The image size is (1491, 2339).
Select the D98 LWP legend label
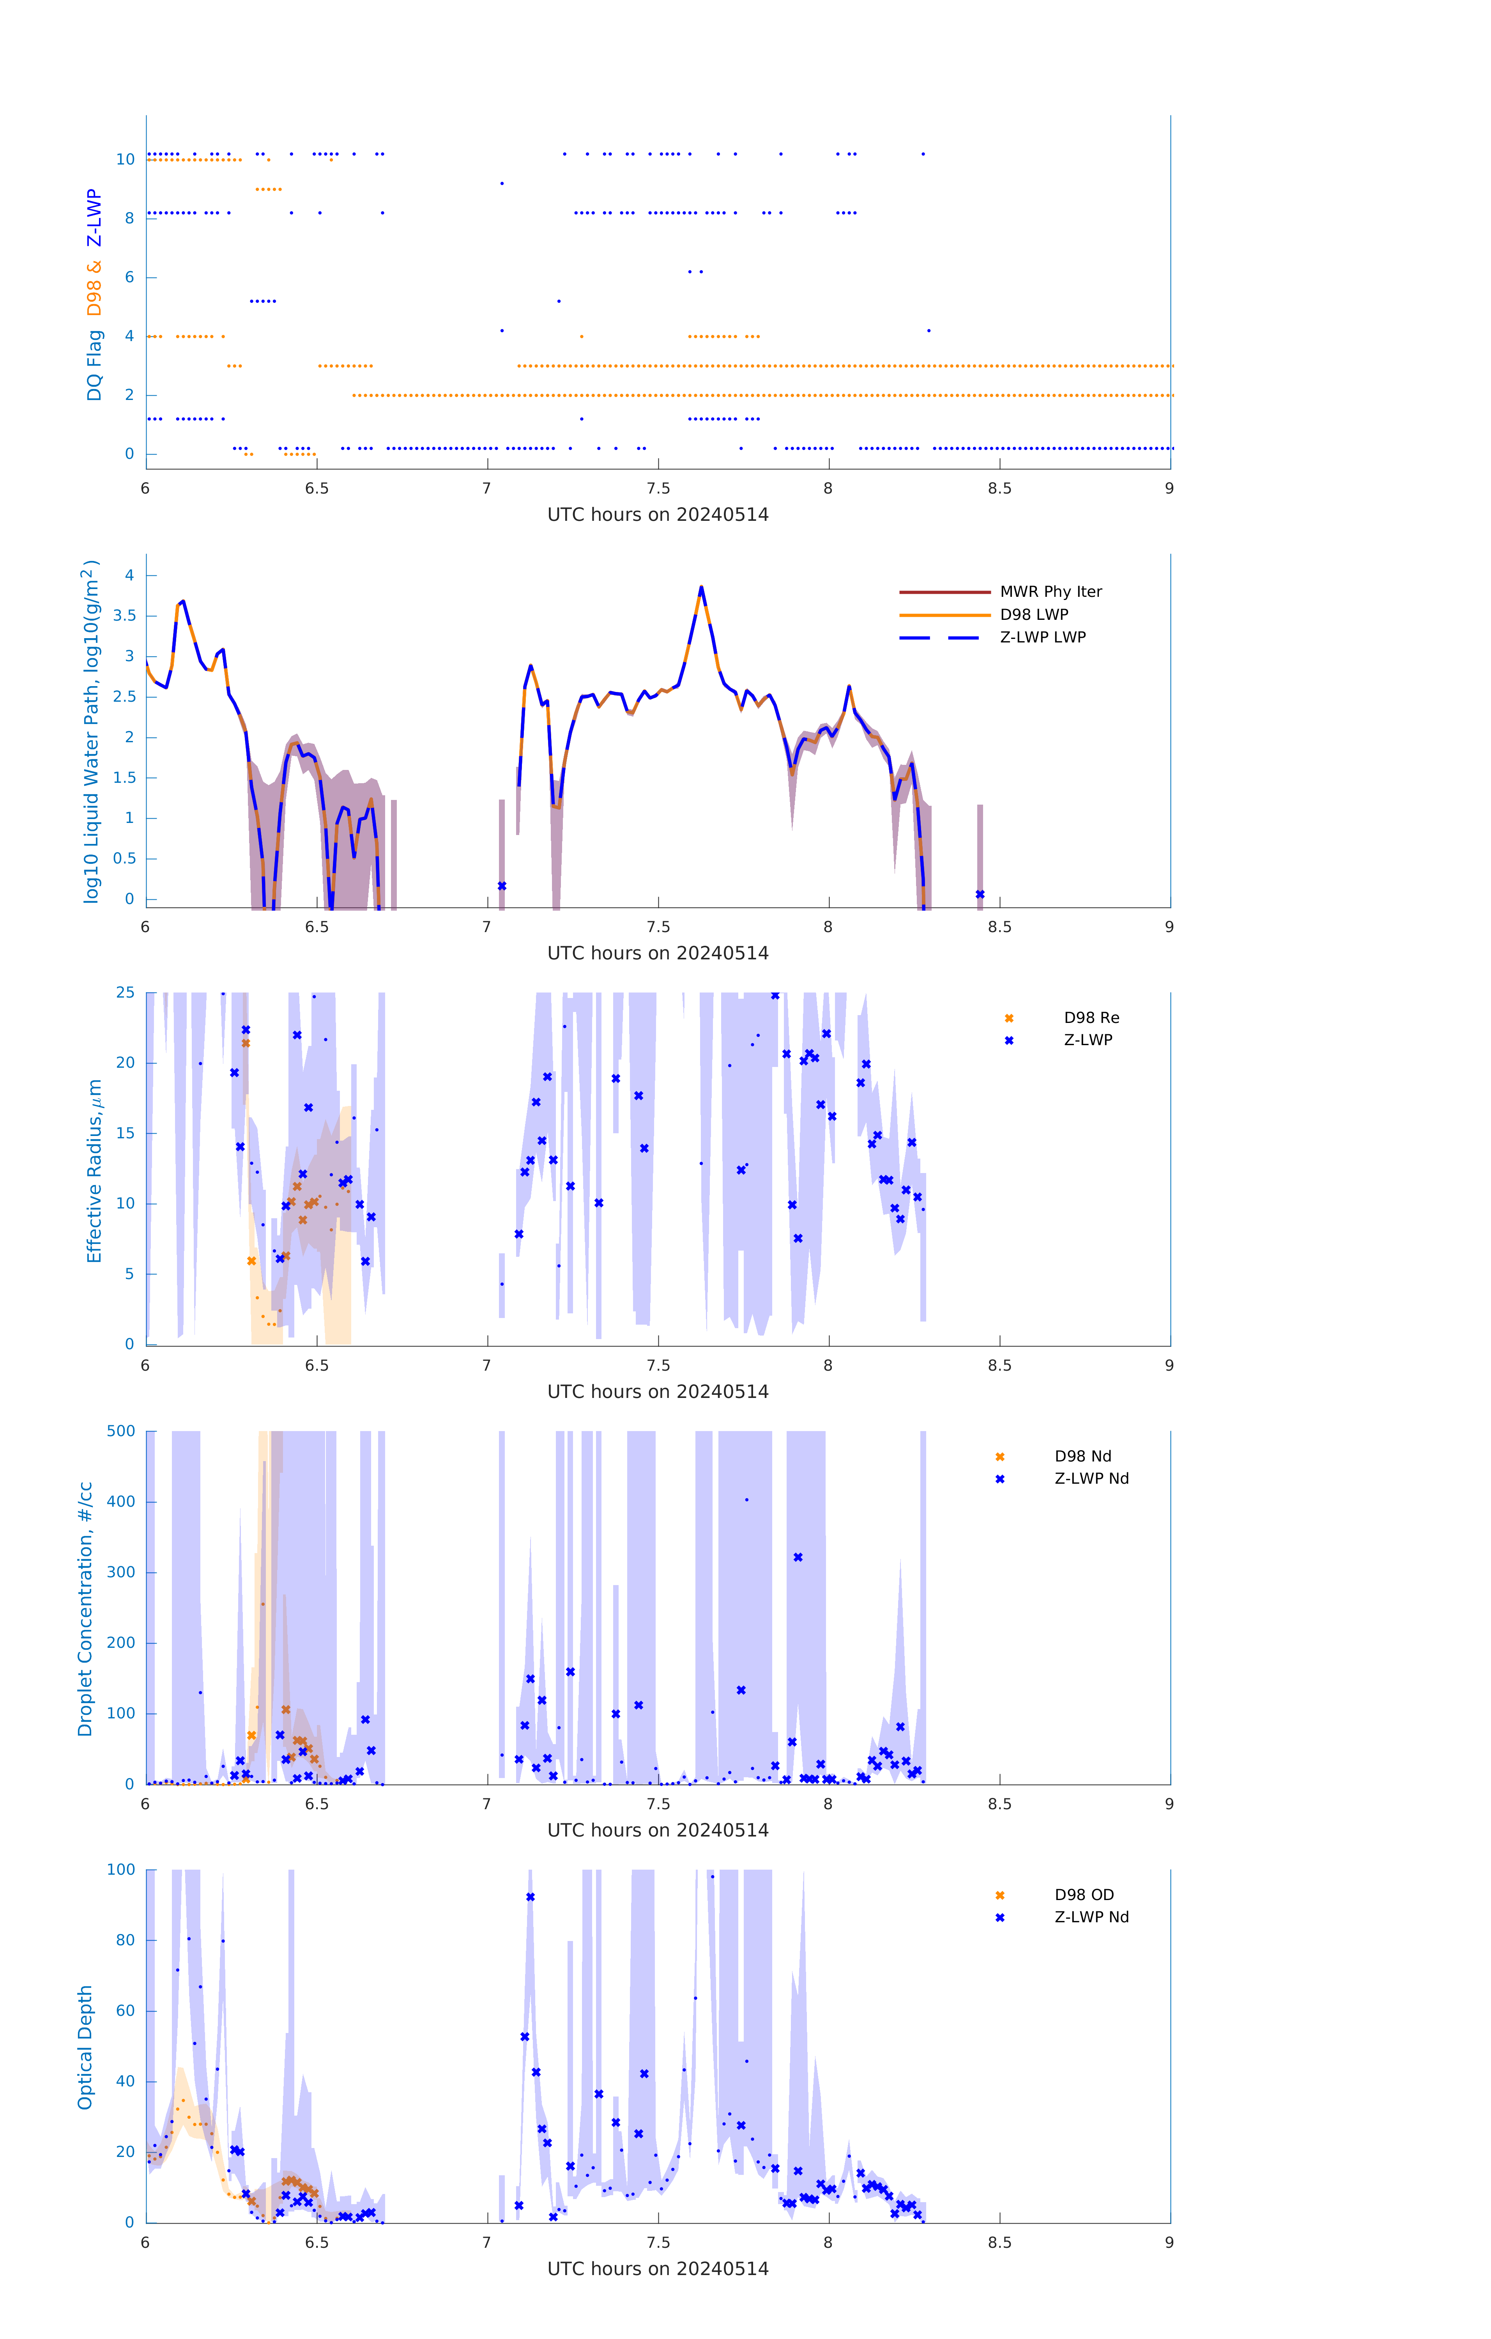1033,615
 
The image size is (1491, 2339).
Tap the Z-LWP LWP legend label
1042,637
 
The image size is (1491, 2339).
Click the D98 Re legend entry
1091,1018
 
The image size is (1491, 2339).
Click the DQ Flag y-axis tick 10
125,159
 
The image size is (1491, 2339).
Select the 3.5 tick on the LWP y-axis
123,616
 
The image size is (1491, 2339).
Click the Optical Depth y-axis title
85,2047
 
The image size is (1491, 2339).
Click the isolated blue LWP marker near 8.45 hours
980,895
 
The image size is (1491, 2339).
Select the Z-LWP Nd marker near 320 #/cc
798,1557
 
